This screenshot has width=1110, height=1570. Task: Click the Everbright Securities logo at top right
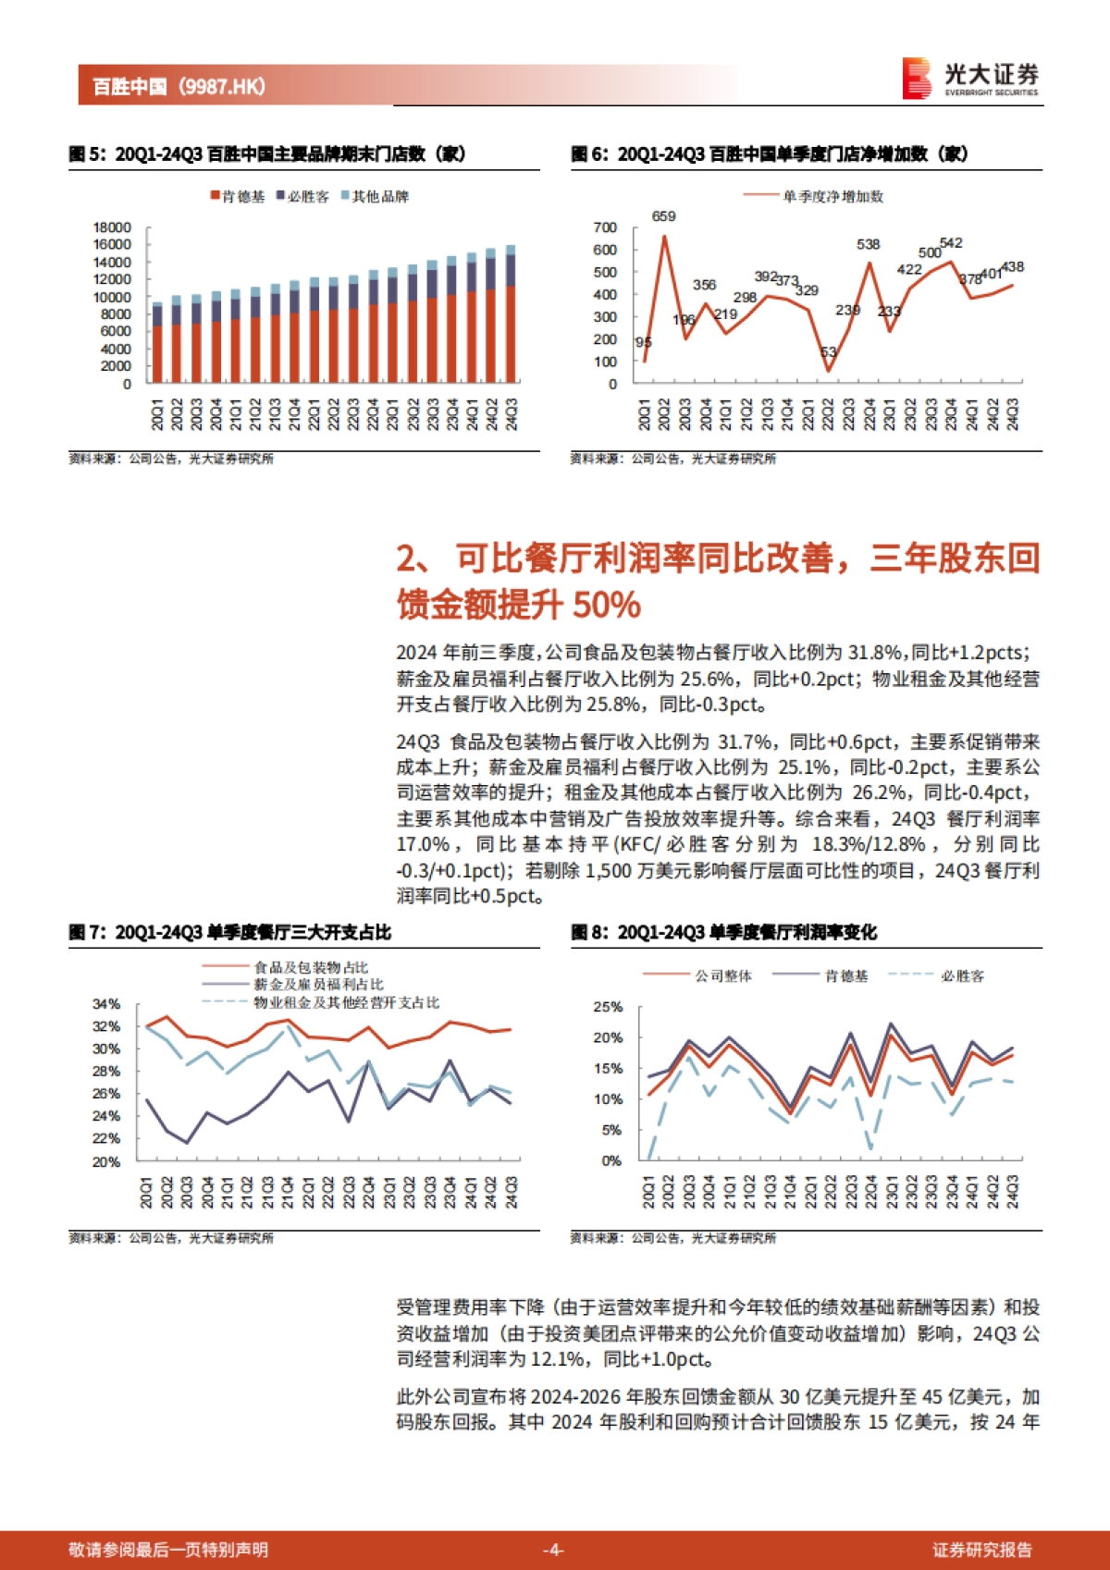970,79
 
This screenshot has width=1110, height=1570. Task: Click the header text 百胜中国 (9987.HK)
179,86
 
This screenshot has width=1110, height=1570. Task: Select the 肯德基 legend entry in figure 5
238,196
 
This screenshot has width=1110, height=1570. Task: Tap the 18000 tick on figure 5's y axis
112,227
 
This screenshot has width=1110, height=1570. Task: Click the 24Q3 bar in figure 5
511,314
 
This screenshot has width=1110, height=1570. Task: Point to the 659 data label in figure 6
663,216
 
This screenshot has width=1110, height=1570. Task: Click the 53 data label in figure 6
828,352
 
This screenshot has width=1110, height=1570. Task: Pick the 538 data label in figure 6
868,245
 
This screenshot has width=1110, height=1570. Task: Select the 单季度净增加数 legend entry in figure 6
832,196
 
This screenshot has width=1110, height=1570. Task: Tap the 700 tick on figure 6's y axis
605,227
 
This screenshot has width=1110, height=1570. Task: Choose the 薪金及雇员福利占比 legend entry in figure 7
318,985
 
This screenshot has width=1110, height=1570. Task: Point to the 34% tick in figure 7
106,1004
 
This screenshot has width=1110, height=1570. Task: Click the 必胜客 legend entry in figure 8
962,976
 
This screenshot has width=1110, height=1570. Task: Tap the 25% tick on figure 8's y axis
608,1007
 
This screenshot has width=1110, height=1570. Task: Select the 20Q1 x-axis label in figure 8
647,1192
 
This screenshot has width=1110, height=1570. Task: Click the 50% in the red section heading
607,606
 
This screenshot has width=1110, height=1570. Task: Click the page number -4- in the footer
552,1550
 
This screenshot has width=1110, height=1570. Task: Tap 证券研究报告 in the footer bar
981,1550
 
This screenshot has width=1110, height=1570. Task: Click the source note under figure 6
672,459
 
